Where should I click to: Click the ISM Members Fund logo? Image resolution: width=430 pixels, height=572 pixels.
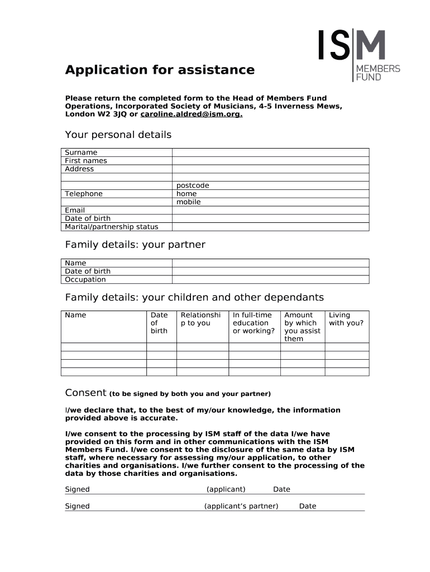359,55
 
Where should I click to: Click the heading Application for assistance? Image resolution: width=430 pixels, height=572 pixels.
160,70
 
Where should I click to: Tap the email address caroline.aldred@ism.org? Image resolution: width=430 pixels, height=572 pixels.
192,114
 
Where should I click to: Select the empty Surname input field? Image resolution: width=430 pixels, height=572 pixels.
270,152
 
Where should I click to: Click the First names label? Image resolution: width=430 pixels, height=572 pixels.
86,161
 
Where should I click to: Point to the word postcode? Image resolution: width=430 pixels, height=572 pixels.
193,185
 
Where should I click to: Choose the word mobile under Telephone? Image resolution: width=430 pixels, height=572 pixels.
188,202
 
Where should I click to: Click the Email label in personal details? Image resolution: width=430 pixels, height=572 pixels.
75,211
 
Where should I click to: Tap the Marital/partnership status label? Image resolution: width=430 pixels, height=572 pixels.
112,227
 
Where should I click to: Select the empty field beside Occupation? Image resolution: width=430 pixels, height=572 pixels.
270,280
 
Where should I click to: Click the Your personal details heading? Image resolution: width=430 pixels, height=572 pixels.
118,135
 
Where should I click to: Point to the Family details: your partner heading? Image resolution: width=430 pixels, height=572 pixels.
135,245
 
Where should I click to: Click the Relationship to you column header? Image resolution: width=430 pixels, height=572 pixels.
201,319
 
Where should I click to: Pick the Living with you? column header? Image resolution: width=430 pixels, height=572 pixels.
346,319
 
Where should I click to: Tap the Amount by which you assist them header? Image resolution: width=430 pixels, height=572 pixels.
302,327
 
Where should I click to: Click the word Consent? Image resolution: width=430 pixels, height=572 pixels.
85,392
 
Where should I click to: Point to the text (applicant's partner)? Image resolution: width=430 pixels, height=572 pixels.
241,506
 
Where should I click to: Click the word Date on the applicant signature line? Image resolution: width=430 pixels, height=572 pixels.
281,489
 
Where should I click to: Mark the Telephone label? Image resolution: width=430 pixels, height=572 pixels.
84,194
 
